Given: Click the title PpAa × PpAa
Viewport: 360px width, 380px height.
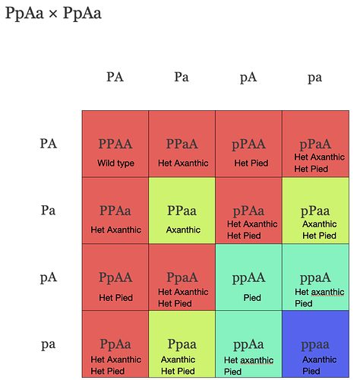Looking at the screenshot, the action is tap(53, 13).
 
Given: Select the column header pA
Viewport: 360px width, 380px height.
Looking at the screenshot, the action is tap(248, 78).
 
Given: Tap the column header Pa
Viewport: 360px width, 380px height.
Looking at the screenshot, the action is tap(182, 77).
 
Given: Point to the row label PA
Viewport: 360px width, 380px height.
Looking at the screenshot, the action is tap(49, 144).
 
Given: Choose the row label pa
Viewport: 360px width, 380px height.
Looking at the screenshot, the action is tap(48, 344).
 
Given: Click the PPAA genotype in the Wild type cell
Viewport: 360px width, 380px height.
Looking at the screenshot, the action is tap(115, 144).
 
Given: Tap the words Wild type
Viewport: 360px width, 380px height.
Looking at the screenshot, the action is tap(116, 163).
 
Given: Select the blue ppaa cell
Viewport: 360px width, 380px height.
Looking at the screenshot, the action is tap(316, 344).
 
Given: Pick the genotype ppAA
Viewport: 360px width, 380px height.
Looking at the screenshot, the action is tap(248, 278).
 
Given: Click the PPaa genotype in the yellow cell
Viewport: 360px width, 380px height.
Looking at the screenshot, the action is tap(182, 211).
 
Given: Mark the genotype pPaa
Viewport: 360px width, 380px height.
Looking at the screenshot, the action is tap(315, 211).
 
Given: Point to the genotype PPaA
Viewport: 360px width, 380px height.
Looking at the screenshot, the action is tap(182, 144).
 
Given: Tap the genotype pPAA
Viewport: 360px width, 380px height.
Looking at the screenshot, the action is tap(248, 144).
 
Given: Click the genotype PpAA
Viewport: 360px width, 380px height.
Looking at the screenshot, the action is tap(115, 278).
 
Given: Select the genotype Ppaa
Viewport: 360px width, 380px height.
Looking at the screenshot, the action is tap(182, 344).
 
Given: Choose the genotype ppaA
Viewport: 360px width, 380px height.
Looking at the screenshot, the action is tap(315, 278).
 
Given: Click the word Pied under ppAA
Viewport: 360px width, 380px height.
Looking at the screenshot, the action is tap(252, 298).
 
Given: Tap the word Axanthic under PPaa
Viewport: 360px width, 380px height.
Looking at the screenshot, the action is tap(183, 230).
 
